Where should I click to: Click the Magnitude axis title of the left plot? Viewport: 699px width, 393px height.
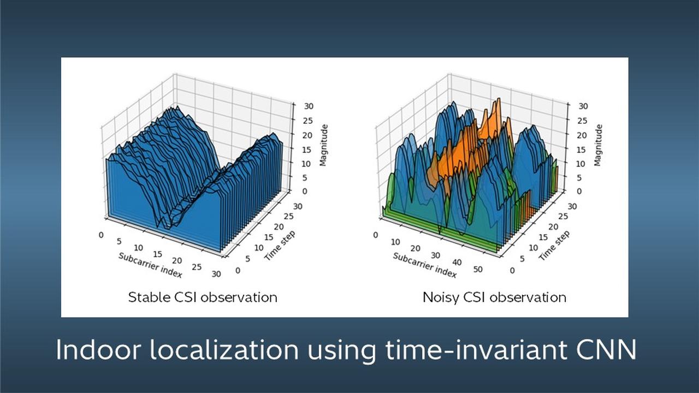[323, 145]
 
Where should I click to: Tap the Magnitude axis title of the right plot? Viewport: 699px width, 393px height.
[599, 145]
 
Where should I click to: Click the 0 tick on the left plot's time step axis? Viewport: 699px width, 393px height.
[237, 270]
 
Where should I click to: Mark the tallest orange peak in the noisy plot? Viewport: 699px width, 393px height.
[497, 102]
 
